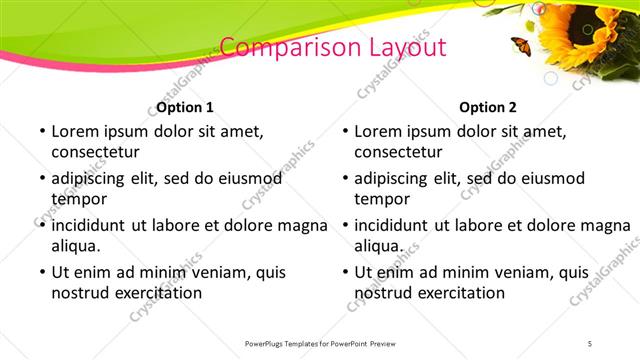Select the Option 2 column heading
(488, 107)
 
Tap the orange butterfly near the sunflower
(521, 44)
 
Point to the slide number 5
(590, 344)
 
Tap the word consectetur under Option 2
(399, 152)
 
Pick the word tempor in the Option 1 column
(77, 199)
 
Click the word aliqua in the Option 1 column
(75, 246)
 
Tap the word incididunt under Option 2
(393, 224)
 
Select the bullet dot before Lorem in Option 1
(40, 131)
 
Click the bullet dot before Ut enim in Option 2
(344, 272)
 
